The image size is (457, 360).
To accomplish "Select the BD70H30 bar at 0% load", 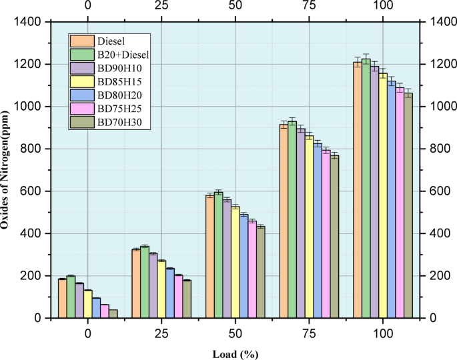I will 113,314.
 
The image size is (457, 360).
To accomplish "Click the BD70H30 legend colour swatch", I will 81,122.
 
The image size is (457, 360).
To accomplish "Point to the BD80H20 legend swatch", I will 81,95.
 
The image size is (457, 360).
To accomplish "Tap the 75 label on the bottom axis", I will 309,332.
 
